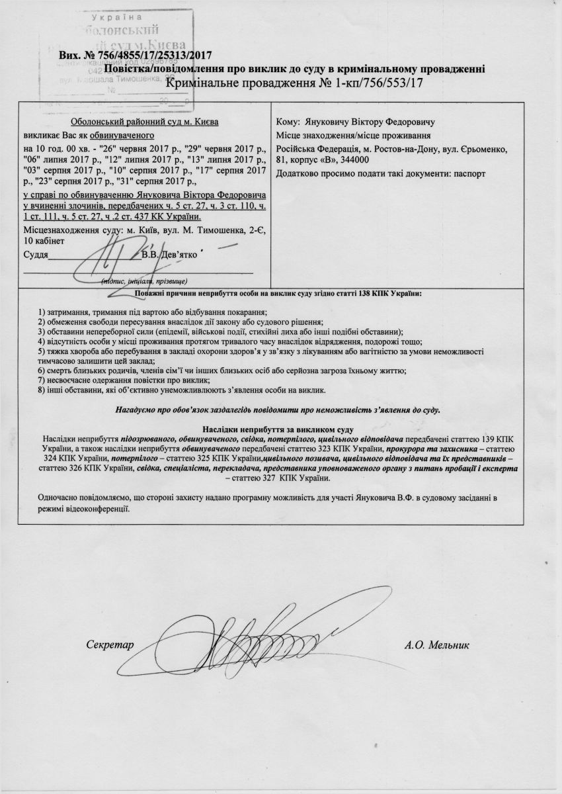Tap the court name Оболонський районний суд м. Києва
pyautogui.click(x=145, y=122)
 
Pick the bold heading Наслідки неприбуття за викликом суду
pyautogui.click(x=280, y=429)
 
